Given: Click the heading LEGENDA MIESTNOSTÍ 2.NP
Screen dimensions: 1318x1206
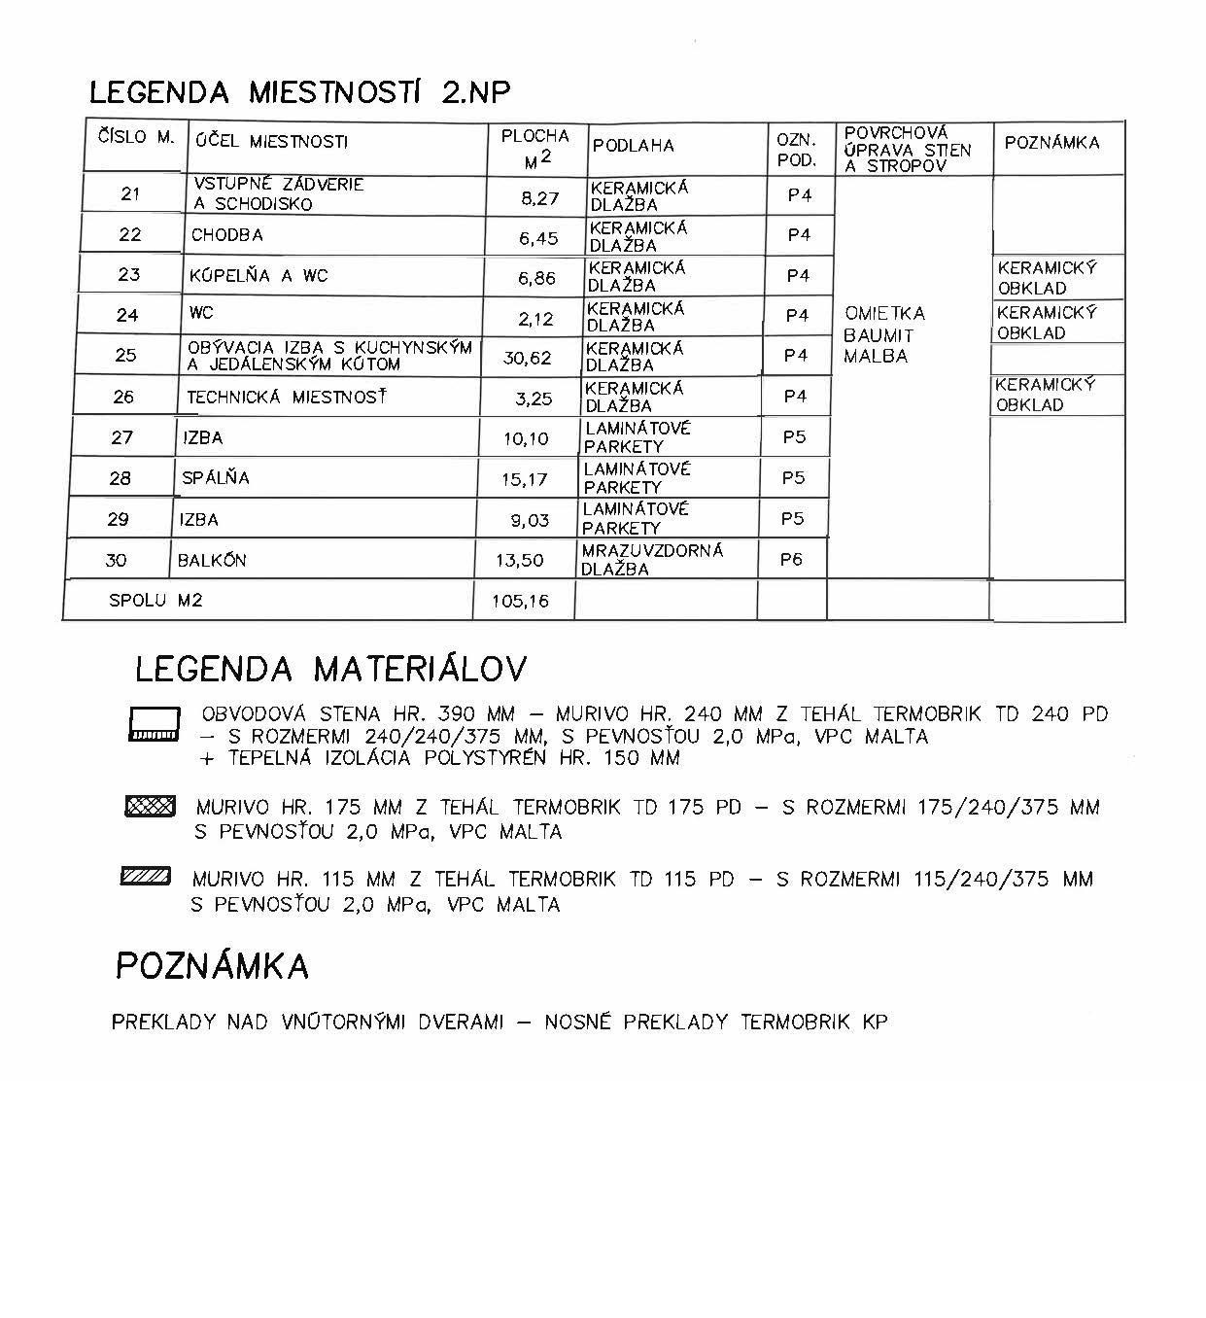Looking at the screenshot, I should point(299,92).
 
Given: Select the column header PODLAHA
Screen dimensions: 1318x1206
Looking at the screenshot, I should point(633,146).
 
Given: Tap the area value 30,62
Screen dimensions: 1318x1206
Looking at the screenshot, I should point(527,358).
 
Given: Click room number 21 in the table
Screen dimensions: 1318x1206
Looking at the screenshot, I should point(130,193).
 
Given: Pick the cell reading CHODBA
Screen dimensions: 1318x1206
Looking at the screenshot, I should point(226,235).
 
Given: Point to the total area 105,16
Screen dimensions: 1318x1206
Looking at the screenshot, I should point(520,602).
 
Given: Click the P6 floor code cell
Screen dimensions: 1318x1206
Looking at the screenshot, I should point(791,560).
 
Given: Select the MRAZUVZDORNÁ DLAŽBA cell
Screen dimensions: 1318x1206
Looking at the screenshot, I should point(652,560).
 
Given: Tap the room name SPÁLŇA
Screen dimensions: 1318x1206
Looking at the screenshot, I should point(216,478).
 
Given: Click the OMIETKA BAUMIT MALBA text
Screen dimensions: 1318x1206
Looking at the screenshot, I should point(883,334).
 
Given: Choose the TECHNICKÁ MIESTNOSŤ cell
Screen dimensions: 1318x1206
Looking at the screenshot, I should point(287,397).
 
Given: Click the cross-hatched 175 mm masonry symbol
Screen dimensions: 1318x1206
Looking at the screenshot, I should point(150,806).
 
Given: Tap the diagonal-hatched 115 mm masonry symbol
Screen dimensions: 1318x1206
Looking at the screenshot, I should point(146,878).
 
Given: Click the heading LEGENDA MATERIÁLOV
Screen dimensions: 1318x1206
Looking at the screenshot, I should point(330,669).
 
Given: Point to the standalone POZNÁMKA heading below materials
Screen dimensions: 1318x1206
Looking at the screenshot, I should point(212,966).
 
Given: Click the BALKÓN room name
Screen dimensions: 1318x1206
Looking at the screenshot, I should point(212,561).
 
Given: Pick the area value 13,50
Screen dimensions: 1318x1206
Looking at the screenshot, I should point(520,561).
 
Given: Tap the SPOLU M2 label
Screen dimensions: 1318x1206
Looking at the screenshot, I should point(155,601).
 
